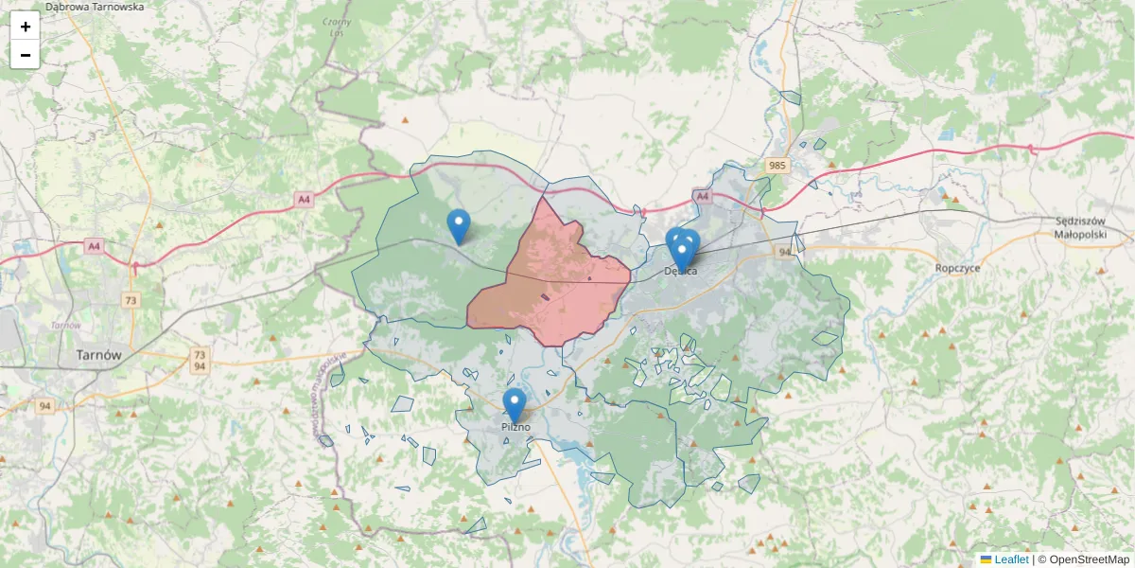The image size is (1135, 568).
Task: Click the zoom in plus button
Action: point(26,27)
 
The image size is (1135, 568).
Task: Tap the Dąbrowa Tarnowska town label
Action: point(95,7)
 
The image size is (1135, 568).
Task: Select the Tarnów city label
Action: point(98,356)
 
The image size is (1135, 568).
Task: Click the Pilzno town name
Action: point(516,427)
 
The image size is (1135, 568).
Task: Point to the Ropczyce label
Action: point(957,268)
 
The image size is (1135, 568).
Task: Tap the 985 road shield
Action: point(777,166)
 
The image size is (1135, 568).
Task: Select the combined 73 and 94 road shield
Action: point(200,360)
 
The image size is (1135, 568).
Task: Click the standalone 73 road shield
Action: point(131,299)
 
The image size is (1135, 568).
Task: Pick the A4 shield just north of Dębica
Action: point(701,196)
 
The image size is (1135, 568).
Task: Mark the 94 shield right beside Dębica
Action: point(785,253)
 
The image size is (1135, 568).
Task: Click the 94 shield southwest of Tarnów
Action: point(44,406)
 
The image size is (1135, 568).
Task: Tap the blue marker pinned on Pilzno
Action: point(514,404)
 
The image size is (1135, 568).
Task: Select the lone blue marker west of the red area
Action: point(459,225)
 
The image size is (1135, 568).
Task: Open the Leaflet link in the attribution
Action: point(1011,559)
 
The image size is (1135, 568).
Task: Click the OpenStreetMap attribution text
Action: point(1089,559)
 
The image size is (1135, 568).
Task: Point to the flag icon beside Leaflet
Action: point(986,559)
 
